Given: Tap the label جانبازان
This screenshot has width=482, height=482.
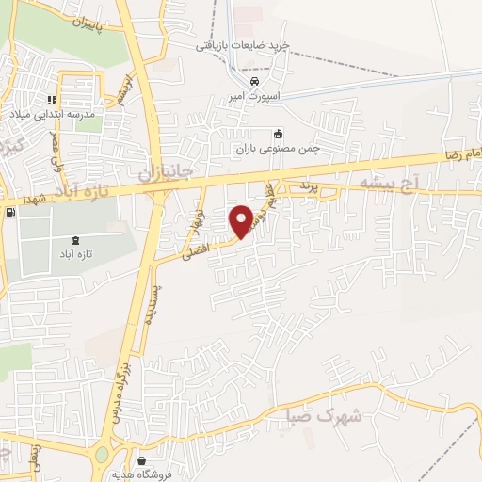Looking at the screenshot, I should (x=165, y=174).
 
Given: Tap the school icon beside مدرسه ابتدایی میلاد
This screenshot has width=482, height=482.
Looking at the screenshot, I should (x=53, y=99).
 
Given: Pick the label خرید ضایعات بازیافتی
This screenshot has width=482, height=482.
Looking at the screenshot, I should (x=240, y=44).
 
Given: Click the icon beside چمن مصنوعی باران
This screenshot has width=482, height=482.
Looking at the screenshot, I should (x=277, y=134).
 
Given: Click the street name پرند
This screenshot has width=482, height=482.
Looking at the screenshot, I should (x=311, y=189).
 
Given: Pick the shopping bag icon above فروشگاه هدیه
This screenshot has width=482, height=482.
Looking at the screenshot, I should (x=141, y=461).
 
